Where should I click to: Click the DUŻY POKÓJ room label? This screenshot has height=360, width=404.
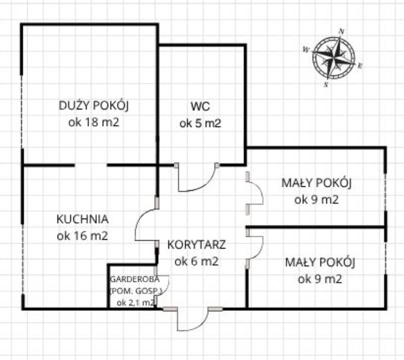tap(94, 106)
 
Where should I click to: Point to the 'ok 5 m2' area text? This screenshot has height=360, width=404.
tap(200, 123)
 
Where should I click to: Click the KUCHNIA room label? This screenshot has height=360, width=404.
tap(82, 219)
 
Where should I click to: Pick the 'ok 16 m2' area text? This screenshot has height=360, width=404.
tap(82, 236)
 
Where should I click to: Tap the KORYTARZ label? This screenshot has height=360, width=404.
tap(197, 244)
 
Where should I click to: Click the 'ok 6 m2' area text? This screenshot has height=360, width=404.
tap(197, 261)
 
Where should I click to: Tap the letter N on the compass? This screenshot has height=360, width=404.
tap(341, 31)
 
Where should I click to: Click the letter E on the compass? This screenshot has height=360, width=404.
tap(360, 65)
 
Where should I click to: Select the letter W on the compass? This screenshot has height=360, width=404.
tap(306, 50)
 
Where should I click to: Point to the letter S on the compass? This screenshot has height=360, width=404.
tap(326, 85)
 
